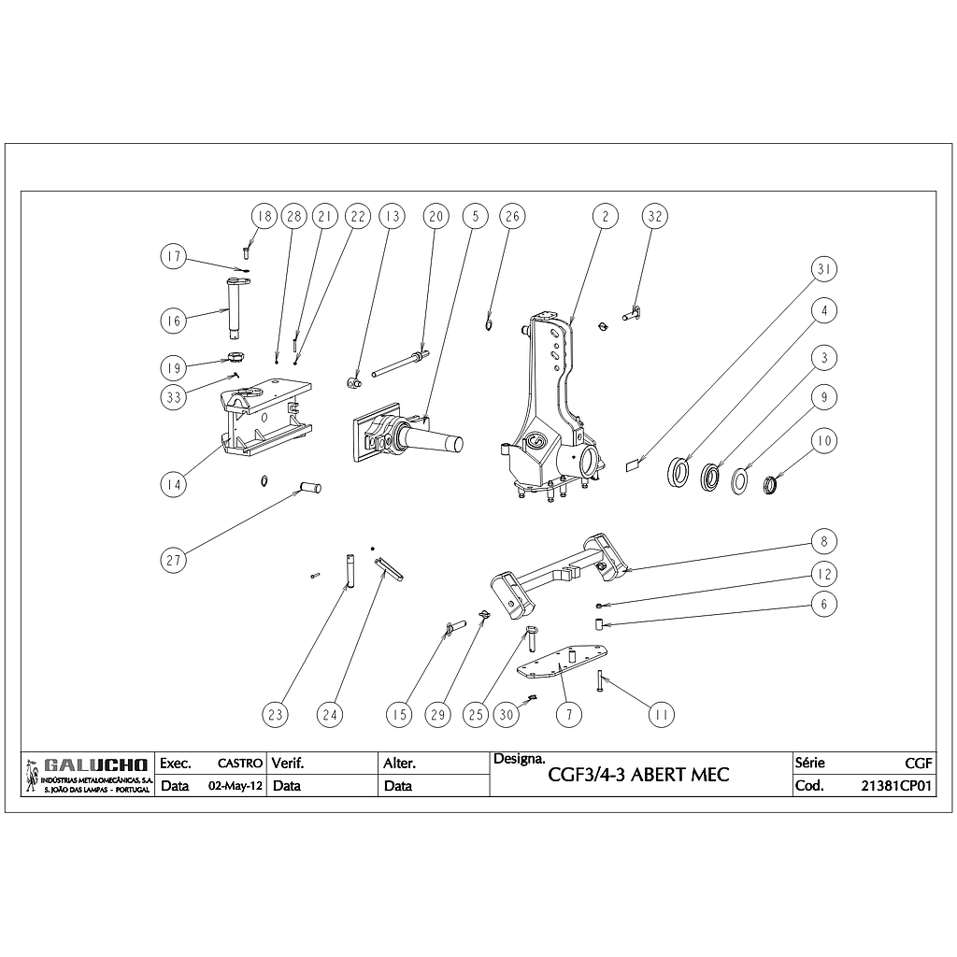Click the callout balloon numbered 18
[x=263, y=216]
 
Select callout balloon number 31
[x=823, y=270]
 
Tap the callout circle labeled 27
[x=172, y=560]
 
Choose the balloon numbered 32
[x=655, y=216]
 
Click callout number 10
[x=823, y=440]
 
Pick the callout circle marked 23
[x=275, y=715]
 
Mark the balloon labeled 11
[x=662, y=715]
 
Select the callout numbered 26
[x=511, y=216]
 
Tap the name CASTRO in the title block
[x=239, y=764]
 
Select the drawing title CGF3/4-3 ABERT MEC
[x=638, y=775]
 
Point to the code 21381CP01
[x=897, y=786]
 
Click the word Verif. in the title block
[x=288, y=764]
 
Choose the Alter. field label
[x=400, y=764]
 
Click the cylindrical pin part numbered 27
[x=308, y=487]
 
